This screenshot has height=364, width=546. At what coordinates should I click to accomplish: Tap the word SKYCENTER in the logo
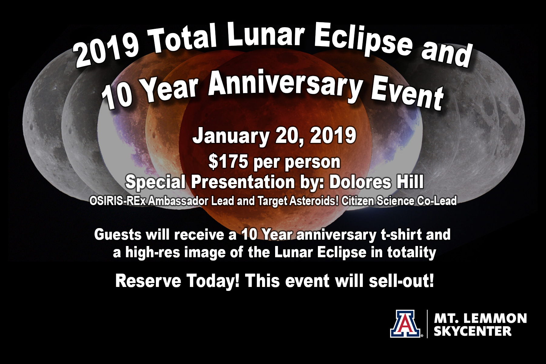[x=473, y=331]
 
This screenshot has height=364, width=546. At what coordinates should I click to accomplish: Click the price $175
[x=228, y=162]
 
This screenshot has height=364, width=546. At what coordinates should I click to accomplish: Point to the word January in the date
[x=231, y=136]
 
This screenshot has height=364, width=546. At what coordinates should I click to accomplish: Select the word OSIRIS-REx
[x=118, y=201]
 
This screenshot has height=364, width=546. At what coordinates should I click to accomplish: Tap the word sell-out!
[x=401, y=281]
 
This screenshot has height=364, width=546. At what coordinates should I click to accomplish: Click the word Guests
[x=118, y=235]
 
